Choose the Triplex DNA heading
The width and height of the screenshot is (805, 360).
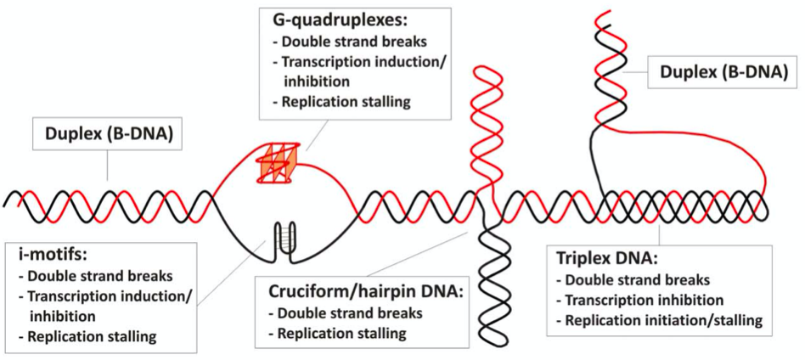point(605,257)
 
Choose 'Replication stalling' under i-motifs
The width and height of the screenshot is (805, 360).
point(92,336)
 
